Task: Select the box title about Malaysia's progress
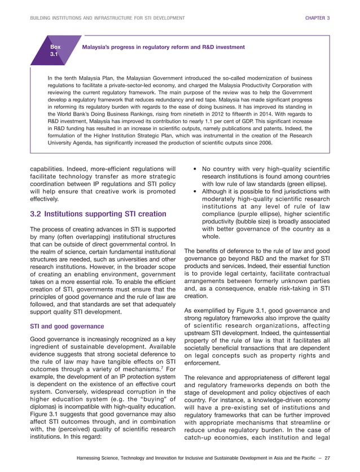coord(164,47)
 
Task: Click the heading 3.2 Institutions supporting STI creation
coord(98,214)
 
